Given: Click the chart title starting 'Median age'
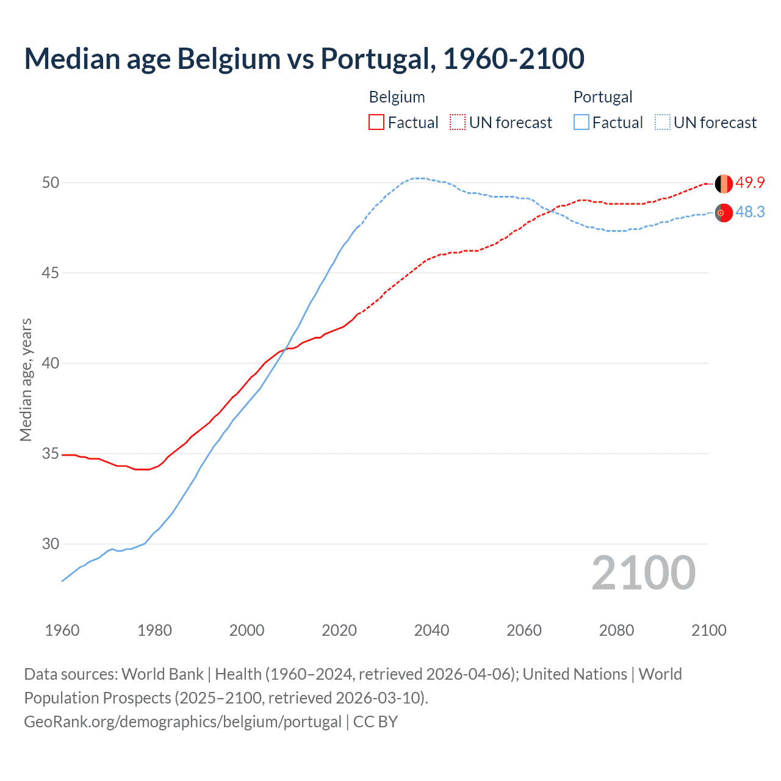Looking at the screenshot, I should pos(304,59).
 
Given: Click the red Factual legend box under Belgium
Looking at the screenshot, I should pos(376,122).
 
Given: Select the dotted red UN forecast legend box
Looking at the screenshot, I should pos(458,122).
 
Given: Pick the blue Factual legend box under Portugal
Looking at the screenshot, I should pos(581,122).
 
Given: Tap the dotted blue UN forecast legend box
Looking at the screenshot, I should pos(662,122).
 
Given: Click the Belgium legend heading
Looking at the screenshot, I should pos(397,97).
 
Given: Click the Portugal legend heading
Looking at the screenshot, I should pos(602,97).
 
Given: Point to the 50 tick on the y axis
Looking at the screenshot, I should pos(51,182).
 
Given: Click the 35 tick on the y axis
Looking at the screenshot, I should pos(51,453).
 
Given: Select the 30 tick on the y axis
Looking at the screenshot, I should pos(51,544).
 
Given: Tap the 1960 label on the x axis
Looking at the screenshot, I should pos(62,630).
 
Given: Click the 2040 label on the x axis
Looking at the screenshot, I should pos(431,630).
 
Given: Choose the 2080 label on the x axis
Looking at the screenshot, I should pos(616,630).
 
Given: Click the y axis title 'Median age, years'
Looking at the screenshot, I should pos(26,380).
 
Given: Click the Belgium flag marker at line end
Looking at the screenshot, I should pos(724,183).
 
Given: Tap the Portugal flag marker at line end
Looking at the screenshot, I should pos(724,213).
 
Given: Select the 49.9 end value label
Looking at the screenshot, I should pos(750,182).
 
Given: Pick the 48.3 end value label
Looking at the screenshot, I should pos(750,212).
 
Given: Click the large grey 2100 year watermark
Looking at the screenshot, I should pos(643,572).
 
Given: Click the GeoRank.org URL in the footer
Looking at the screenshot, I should pos(182,721).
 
